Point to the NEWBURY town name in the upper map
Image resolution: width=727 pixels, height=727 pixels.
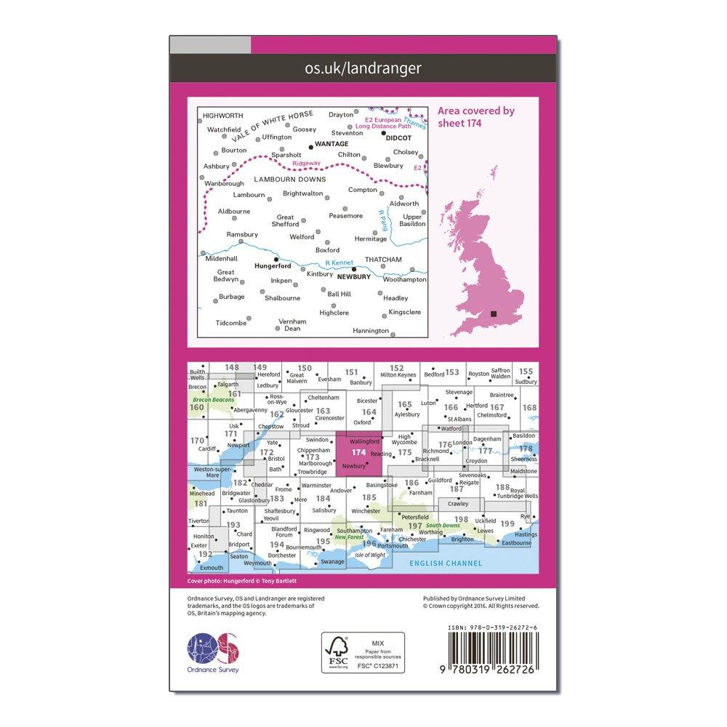click(355, 277)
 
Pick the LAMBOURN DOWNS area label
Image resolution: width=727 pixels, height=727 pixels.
click(290, 179)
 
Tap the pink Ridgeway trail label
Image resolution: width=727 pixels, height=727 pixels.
click(297, 164)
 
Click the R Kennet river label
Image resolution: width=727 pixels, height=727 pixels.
click(339, 262)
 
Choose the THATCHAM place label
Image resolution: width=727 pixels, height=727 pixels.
click(383, 260)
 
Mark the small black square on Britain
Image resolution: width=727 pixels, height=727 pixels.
click(494, 313)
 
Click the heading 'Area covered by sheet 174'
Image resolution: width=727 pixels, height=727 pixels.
click(475, 117)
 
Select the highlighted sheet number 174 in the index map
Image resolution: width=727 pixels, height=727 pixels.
click(358, 451)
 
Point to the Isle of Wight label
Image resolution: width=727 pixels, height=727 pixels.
click(369, 555)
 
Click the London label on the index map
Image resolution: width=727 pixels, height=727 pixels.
click(462, 443)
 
